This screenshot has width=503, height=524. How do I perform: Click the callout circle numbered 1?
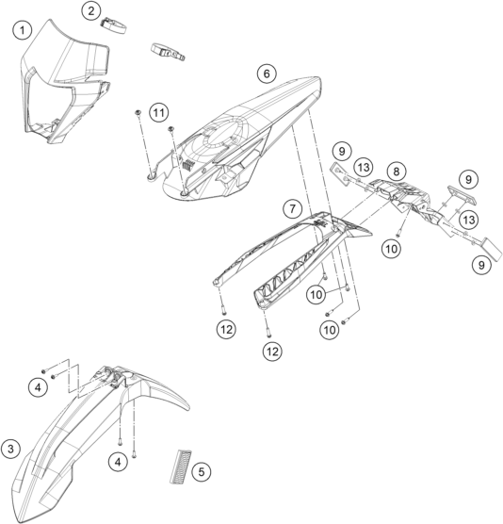tap(23, 30)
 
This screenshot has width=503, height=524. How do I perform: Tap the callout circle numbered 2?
tap(90, 11)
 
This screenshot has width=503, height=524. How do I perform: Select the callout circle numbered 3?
tap(10, 449)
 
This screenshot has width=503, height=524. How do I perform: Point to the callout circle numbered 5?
tap(202, 472)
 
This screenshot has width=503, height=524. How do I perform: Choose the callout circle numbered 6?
tap(267, 74)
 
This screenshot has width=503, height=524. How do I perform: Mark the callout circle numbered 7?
tap(293, 208)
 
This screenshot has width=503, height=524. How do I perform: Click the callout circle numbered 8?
tap(397, 172)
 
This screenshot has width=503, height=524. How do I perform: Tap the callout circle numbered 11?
tap(158, 112)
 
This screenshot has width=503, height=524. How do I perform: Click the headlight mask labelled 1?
tap(66, 82)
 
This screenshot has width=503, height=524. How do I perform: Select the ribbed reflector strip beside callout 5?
tap(181, 467)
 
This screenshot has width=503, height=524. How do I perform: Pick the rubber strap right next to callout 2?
tap(114, 25)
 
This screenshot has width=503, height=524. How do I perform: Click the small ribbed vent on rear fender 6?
tap(188, 164)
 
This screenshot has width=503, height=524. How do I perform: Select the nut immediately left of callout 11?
tap(138, 113)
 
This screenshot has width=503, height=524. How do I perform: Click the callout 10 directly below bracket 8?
tap(392, 249)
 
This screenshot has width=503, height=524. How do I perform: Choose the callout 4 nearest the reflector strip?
tap(118, 462)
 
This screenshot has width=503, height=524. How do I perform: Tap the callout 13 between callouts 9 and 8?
tap(363, 167)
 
